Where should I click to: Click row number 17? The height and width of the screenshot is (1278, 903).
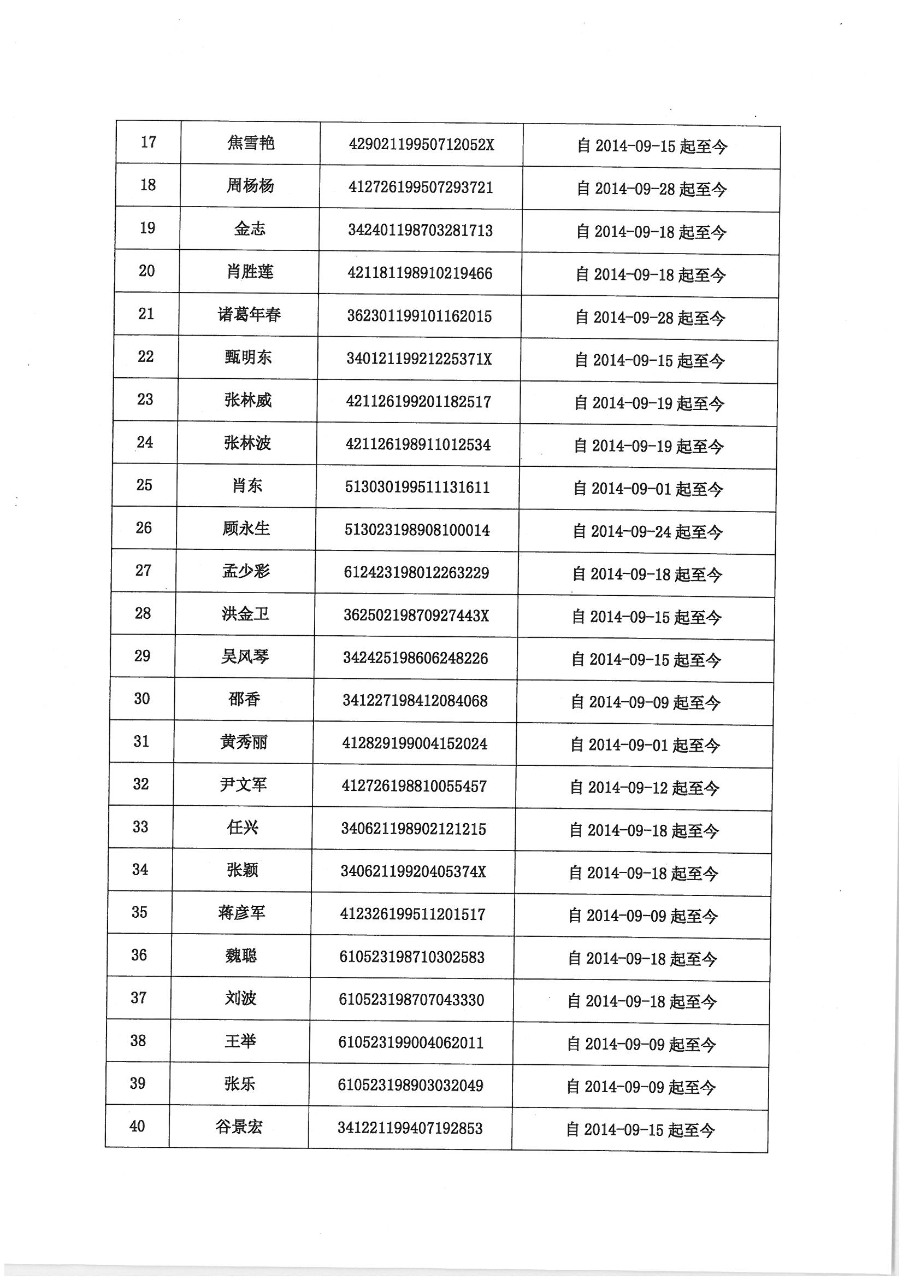click(149, 143)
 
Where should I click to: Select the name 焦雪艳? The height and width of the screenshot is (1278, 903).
click(251, 144)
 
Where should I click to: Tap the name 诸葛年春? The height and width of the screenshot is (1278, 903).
click(249, 315)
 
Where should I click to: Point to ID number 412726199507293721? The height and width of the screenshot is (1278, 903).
click(421, 187)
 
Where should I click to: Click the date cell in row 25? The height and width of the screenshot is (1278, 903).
click(648, 489)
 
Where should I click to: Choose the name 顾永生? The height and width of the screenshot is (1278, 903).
click(246, 528)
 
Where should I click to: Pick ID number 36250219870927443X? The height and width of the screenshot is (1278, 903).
click(416, 616)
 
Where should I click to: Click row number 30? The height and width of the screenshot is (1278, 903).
click(142, 699)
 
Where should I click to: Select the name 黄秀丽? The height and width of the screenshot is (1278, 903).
click(244, 742)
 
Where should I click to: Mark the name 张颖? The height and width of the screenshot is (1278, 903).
click(243, 870)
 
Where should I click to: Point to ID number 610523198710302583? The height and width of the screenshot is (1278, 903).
click(412, 957)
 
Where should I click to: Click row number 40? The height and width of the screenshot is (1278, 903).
click(138, 1127)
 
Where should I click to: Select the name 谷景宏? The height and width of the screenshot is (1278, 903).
click(239, 1127)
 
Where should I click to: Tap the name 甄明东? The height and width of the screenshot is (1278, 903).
click(248, 357)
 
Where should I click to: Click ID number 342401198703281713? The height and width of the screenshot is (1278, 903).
click(420, 231)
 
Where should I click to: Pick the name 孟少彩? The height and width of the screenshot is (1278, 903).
click(246, 571)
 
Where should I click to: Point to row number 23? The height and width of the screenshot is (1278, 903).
click(145, 400)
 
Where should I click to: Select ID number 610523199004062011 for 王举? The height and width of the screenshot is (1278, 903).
click(411, 1042)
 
